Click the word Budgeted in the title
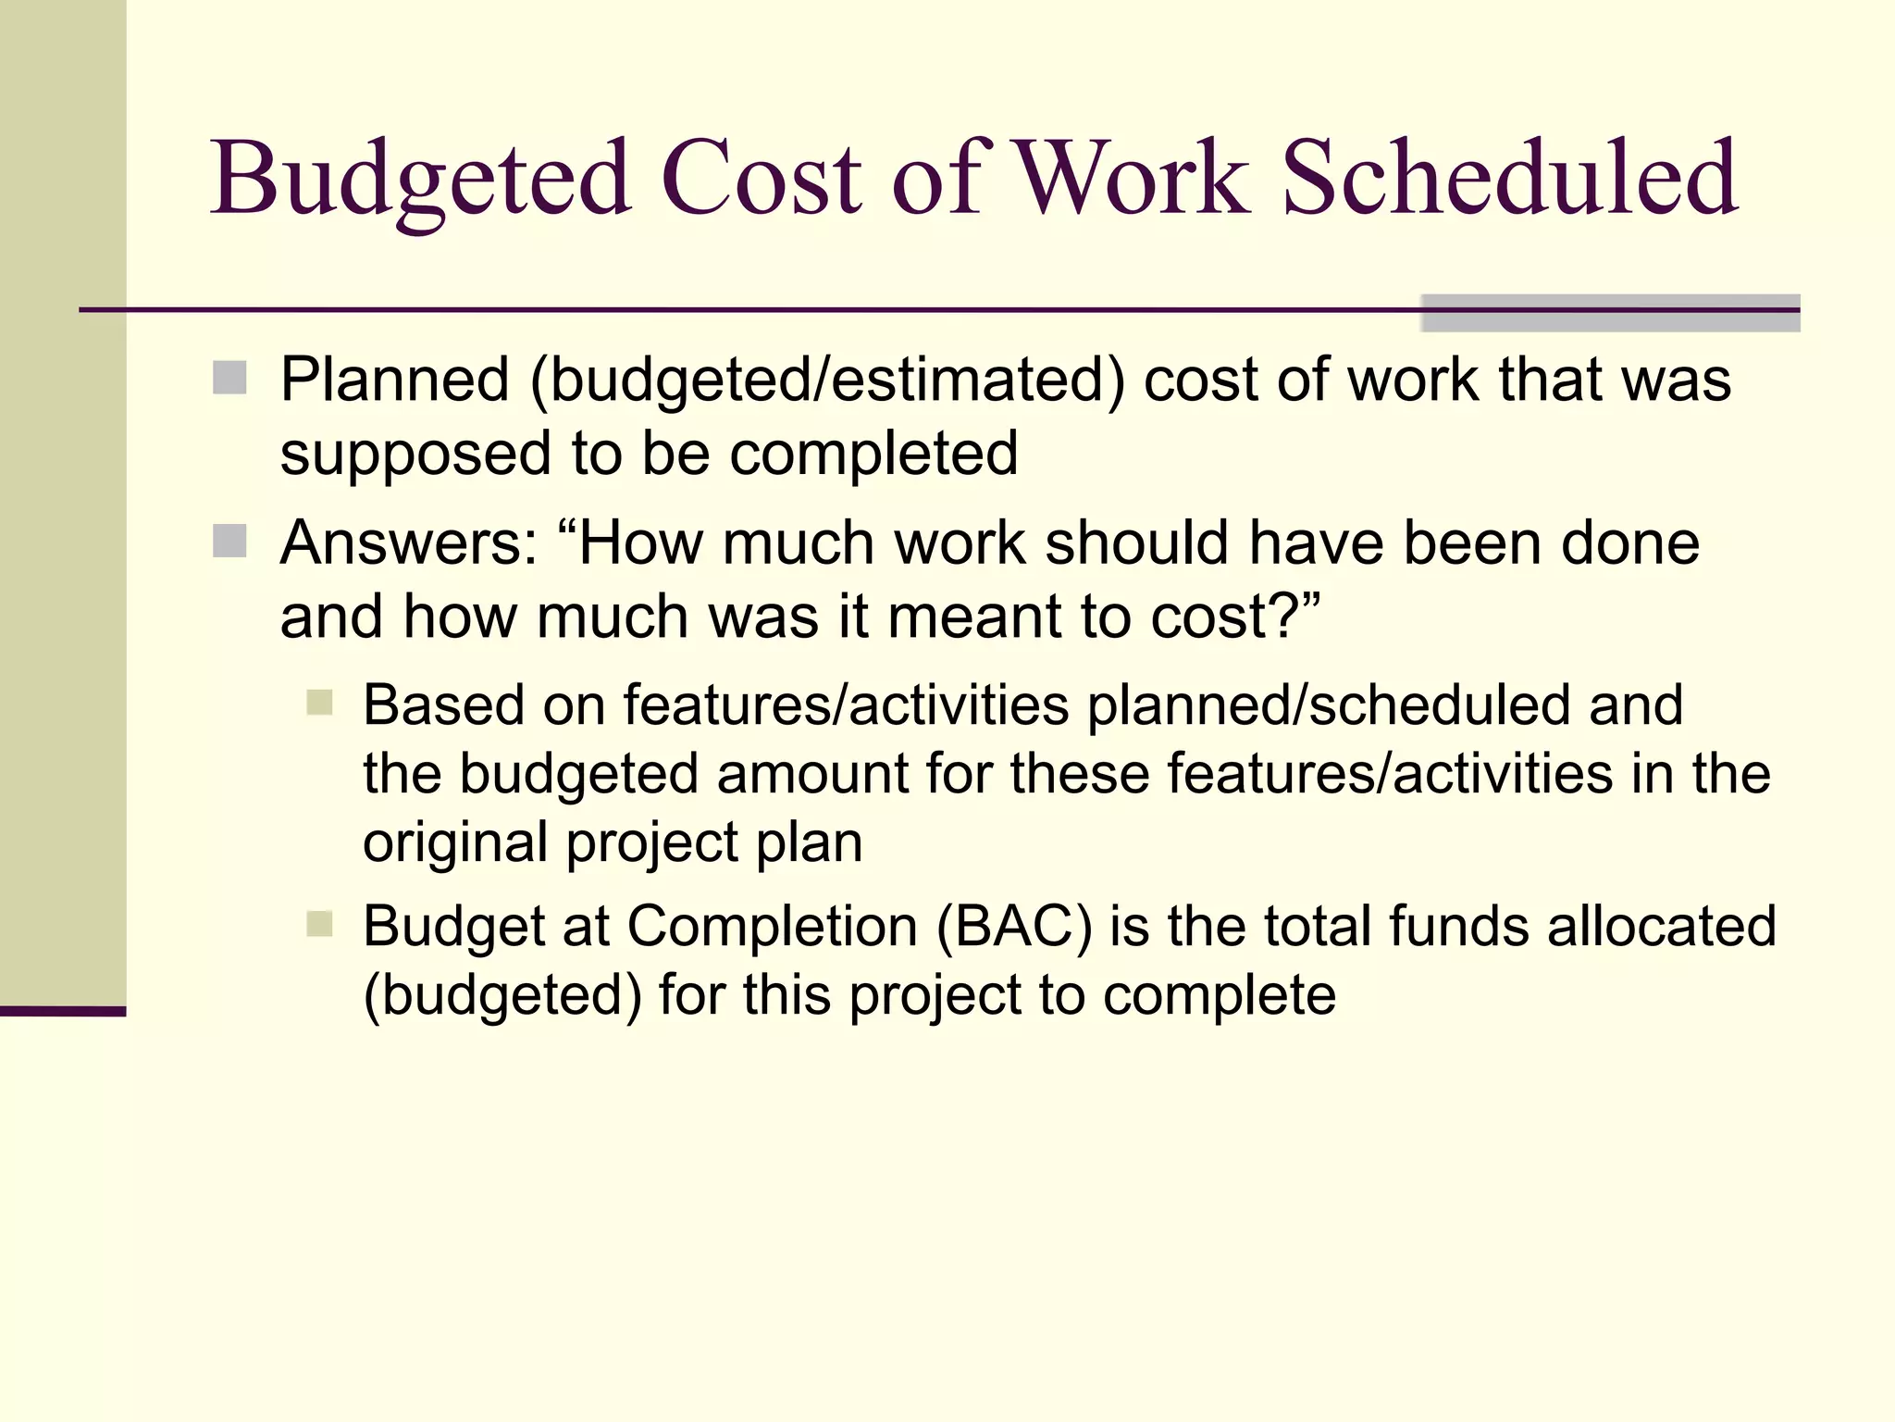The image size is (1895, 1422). click(421, 178)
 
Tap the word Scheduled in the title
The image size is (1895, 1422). click(1510, 178)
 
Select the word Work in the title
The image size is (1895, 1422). click(1133, 178)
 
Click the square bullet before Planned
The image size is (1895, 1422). click(229, 378)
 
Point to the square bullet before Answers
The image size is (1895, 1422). click(229, 542)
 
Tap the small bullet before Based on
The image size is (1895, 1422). click(319, 703)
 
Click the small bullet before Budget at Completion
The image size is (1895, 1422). click(319, 923)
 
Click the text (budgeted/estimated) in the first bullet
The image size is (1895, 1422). click(827, 381)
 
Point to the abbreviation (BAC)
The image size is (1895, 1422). click(1014, 926)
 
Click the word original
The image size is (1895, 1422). click(455, 843)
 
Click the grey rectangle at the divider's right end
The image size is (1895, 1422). click(1610, 313)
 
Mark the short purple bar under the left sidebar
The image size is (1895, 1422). click(63, 1011)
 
